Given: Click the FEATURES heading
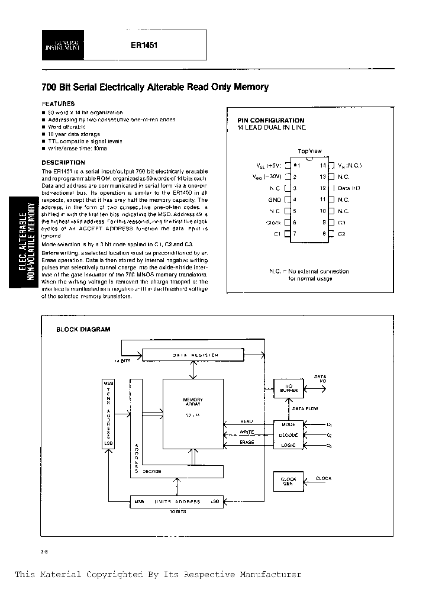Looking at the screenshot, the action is [58, 103].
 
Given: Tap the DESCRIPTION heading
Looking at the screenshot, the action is [63, 162].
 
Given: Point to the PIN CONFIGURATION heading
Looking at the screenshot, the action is [270, 120].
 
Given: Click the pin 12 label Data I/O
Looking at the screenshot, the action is [348, 188].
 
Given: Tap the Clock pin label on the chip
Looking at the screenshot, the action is [273, 223].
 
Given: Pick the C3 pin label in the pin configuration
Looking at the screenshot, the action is [341, 223].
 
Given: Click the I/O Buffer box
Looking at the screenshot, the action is [289, 388].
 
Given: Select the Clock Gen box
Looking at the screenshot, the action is [288, 481].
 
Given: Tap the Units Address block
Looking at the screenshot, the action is [177, 501].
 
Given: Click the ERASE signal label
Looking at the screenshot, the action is [247, 442].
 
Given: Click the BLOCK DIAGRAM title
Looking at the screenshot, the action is [83, 330].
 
